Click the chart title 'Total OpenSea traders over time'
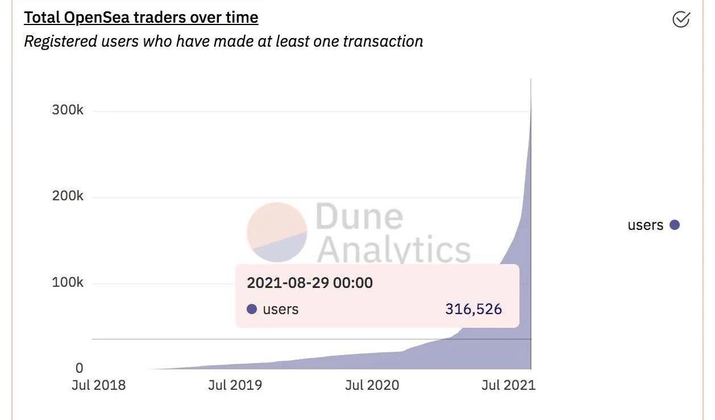pos(141,18)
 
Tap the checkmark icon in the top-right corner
pos(680,19)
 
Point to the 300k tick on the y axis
pos(68,110)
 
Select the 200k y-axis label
pos(68,196)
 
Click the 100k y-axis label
pos(68,282)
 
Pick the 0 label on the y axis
pos(79,368)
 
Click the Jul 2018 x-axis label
pos(98,385)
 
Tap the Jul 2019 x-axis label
pos(235,385)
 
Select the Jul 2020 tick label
pos(372,385)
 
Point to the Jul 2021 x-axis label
pos(508,385)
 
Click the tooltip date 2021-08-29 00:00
pos(310,283)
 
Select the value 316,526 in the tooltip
pos(473,309)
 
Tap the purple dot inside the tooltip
pos(252,309)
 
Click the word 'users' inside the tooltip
pos(280,309)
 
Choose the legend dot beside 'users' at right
pos(675,225)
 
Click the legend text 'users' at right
pos(645,225)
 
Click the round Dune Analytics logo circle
pos(277,232)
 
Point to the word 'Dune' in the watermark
pos(359,216)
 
